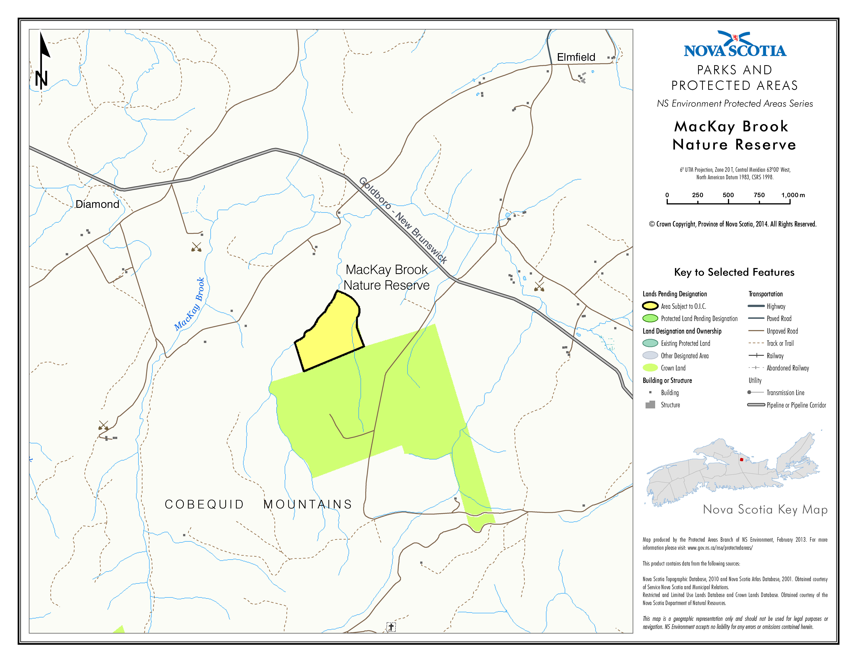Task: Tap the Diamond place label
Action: pyautogui.click(x=97, y=204)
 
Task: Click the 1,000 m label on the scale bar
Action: pyautogui.click(x=793, y=195)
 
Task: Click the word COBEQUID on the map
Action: pyautogui.click(x=204, y=504)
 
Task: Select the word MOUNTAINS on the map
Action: pyautogui.click(x=308, y=504)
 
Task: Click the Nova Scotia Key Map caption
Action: pyautogui.click(x=765, y=509)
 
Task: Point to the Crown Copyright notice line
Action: pyautogui.click(x=733, y=224)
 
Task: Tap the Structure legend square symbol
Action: pyautogui.click(x=650, y=405)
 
